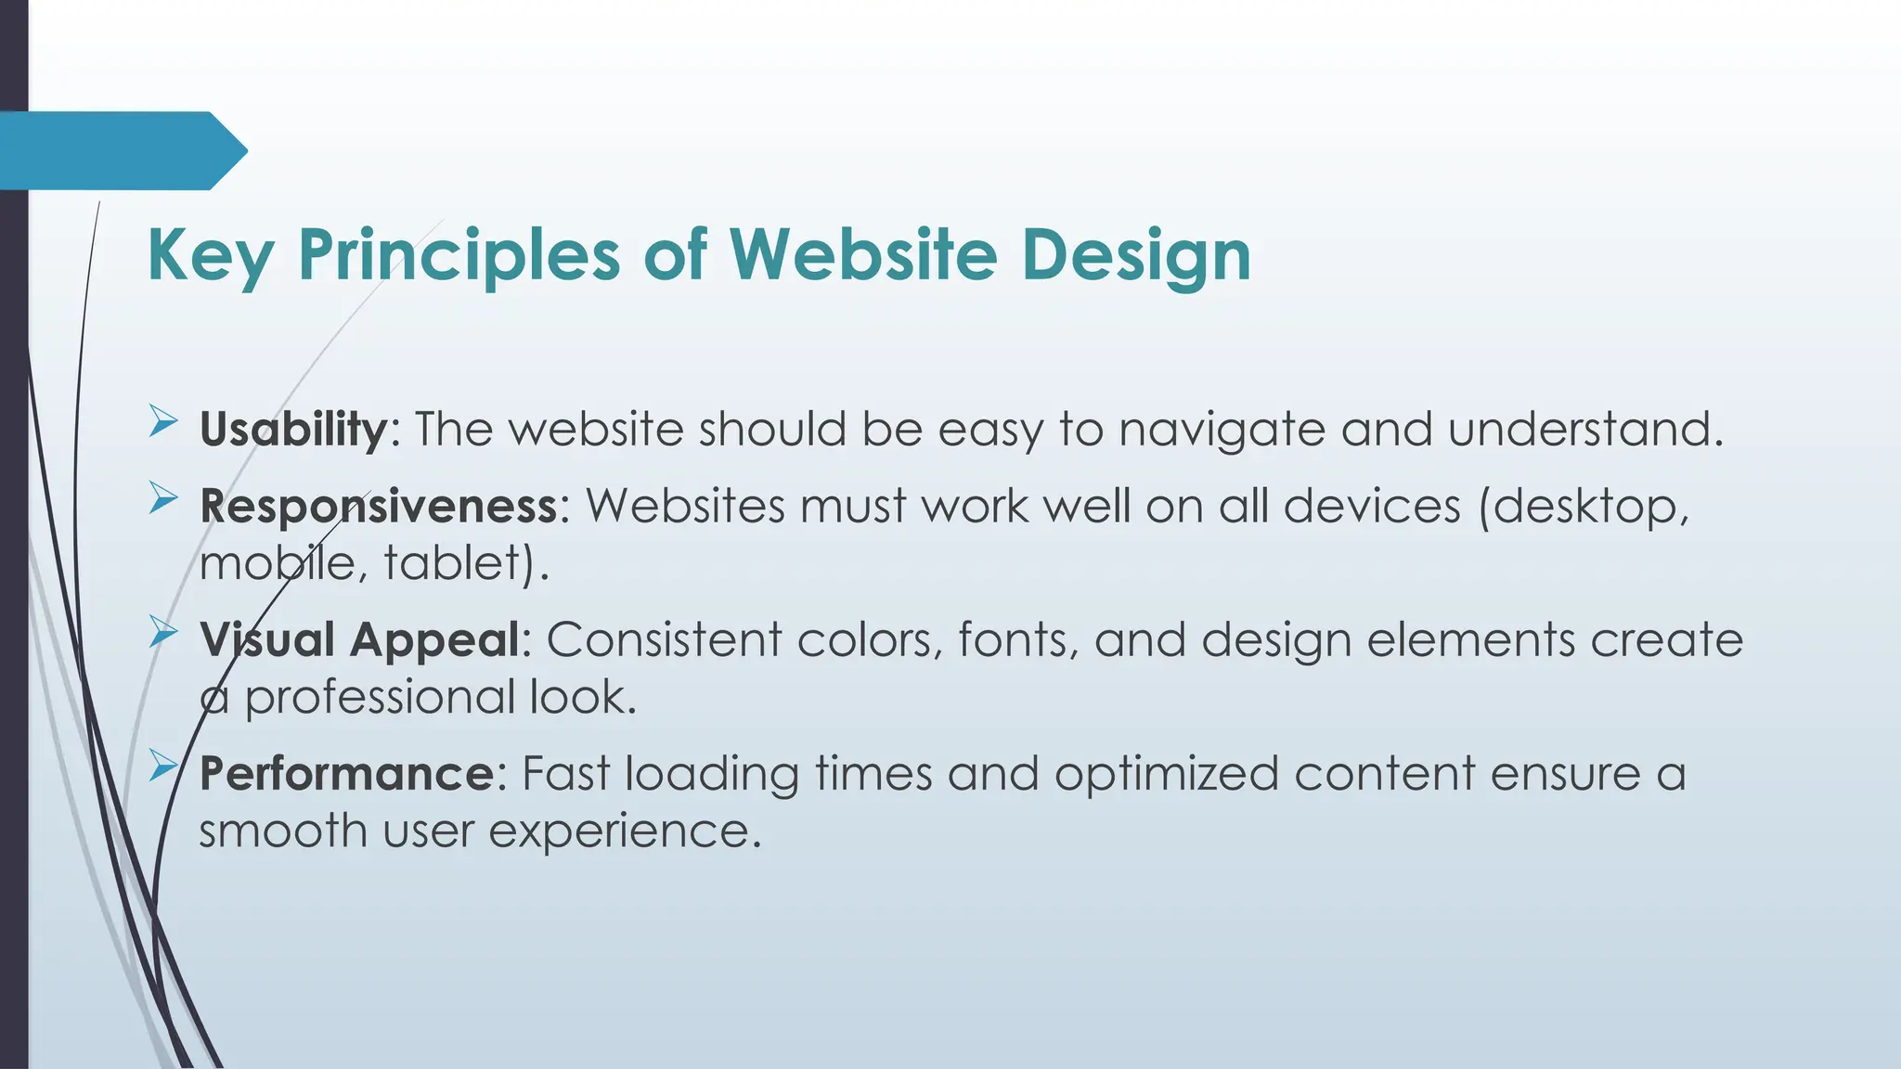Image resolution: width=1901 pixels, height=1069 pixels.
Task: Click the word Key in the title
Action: (210, 255)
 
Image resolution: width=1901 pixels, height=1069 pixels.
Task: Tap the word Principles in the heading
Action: (459, 255)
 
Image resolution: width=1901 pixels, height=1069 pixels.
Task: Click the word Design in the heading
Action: (1136, 255)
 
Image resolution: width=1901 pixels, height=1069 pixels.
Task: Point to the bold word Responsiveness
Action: (379, 507)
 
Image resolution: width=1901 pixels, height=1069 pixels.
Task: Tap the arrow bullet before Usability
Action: (163, 424)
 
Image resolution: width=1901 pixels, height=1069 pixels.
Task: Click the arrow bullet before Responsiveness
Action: (163, 501)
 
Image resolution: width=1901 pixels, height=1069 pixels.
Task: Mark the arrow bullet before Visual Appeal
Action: (163, 634)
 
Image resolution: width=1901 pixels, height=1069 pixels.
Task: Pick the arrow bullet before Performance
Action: (163, 767)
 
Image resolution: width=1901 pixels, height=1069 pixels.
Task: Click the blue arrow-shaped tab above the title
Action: (121, 150)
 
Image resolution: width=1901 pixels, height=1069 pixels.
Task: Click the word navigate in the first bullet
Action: (1222, 430)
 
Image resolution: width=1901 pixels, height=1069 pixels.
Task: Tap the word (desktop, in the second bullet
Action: (1584, 507)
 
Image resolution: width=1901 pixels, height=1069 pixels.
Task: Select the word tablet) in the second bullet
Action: (460, 563)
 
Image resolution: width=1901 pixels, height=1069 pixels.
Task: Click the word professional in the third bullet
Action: (379, 698)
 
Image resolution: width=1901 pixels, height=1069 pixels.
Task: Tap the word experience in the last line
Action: (624, 831)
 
